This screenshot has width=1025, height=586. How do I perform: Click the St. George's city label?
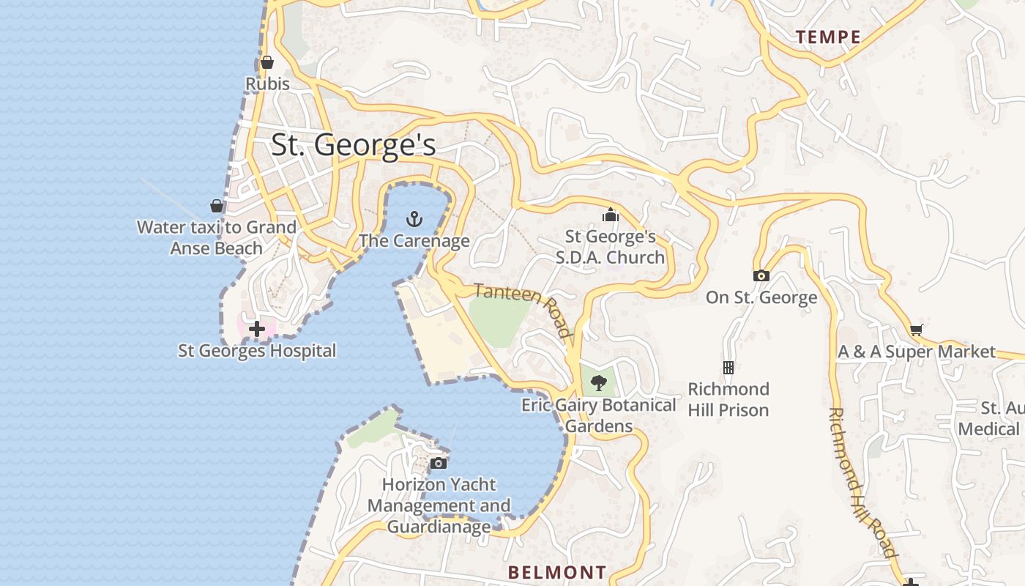point(354,145)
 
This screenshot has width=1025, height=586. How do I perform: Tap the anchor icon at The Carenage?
point(414,218)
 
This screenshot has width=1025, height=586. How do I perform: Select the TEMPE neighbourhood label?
point(828,37)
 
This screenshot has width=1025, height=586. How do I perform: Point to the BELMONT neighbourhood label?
point(557,572)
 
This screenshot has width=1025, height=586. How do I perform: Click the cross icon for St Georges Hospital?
point(257,329)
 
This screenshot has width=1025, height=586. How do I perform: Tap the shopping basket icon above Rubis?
point(267,62)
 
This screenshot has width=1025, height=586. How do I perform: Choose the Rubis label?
point(267,84)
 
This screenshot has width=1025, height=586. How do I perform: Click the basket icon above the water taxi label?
point(217,205)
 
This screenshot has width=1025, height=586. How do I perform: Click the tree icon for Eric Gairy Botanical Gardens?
point(599,382)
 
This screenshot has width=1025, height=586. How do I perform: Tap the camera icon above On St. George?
point(761,275)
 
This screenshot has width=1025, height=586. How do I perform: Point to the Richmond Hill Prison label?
point(728,399)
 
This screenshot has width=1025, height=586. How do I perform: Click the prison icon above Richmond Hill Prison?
point(728,367)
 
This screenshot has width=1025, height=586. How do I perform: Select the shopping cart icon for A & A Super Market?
point(917,330)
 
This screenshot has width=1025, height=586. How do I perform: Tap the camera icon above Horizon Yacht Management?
point(439,463)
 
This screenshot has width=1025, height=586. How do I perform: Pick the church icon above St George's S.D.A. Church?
point(610,215)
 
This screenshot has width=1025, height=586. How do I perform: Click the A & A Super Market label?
point(917,352)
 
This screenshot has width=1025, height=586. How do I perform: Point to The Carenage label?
point(414,240)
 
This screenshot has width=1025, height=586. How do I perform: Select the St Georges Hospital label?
point(257,351)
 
